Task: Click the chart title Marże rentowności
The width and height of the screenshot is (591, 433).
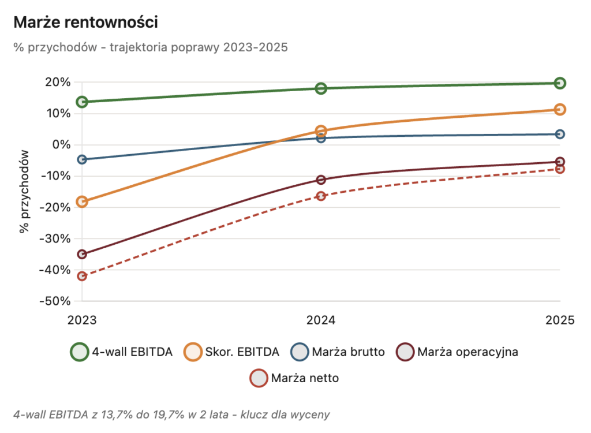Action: [x=85, y=23]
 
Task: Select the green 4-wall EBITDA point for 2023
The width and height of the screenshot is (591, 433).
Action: [x=82, y=102]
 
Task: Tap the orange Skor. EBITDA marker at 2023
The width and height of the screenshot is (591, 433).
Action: [x=82, y=201]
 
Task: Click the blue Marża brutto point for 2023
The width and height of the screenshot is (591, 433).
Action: [x=82, y=159]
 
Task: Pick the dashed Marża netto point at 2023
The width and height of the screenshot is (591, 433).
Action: [x=82, y=276]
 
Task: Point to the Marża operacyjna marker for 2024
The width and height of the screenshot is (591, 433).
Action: [x=321, y=180]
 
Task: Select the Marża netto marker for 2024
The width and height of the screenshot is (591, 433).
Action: [x=321, y=196]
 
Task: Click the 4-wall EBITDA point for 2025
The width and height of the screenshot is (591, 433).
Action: [x=559, y=83]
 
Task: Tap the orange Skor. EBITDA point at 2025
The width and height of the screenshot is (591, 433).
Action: [x=559, y=110]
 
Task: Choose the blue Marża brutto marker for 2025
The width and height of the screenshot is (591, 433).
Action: [x=559, y=135]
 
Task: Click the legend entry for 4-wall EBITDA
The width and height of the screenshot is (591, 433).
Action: [x=121, y=352]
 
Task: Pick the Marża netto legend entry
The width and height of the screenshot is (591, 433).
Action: [x=294, y=379]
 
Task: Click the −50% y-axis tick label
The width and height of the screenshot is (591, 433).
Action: [x=55, y=301]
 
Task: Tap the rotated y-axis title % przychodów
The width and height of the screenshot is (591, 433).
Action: [x=24, y=191]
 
